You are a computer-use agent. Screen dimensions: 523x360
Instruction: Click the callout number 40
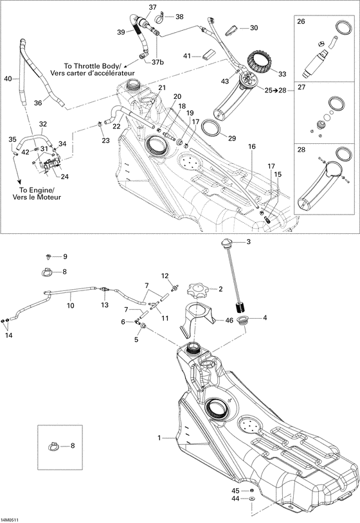pyautogui.click(x=8, y=79)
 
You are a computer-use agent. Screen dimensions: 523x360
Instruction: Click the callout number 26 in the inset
pyautogui.click(x=301, y=22)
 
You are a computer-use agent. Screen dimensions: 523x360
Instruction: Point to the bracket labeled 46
pyautogui.click(x=197, y=319)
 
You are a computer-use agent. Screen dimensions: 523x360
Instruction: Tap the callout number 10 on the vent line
pyautogui.click(x=70, y=306)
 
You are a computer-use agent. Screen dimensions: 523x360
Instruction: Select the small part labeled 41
pyautogui.click(x=209, y=54)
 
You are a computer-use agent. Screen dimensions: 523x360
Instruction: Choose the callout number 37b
pyautogui.click(x=158, y=62)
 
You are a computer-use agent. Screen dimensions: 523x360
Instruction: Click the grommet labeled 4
pyautogui.click(x=243, y=319)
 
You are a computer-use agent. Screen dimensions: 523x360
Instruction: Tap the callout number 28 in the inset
pyautogui.click(x=300, y=150)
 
